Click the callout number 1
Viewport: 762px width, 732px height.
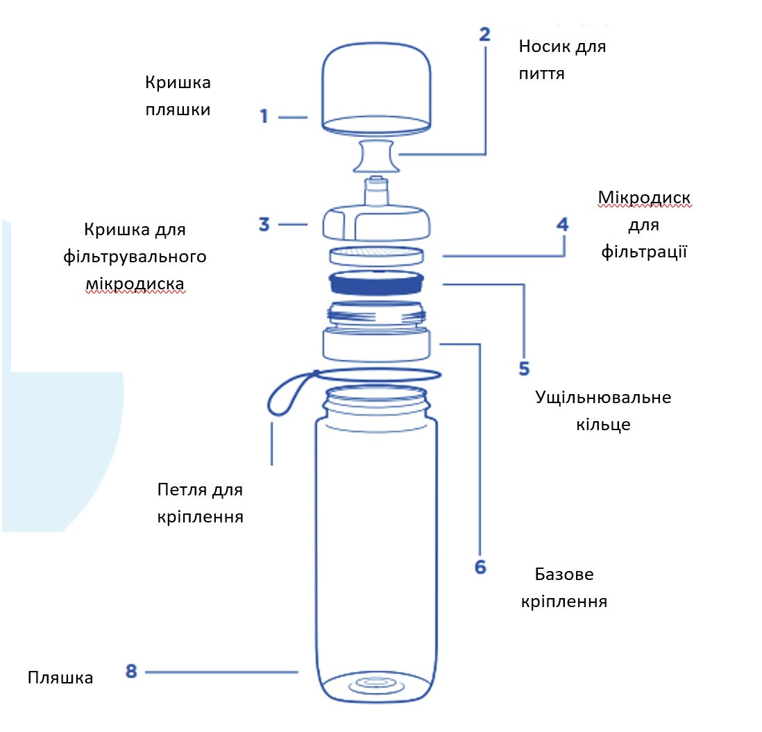point(264,116)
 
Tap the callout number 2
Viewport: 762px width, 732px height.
point(484,35)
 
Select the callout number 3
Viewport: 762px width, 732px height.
point(264,224)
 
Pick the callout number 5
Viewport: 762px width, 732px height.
point(524,367)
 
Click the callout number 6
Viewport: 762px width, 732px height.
point(480,567)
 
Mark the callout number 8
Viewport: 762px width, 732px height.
point(132,671)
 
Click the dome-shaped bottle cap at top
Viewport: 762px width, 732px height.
point(377,87)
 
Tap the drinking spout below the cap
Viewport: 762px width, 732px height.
point(375,156)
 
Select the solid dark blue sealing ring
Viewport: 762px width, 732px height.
point(376,283)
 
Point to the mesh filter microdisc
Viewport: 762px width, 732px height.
point(376,254)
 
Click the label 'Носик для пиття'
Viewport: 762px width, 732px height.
point(562,60)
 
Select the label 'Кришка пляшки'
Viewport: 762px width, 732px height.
point(178,96)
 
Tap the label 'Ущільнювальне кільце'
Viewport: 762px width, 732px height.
point(603,411)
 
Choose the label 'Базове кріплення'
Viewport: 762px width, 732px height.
point(564,588)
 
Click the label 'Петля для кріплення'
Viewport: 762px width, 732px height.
point(200,503)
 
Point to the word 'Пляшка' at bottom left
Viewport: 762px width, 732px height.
point(60,677)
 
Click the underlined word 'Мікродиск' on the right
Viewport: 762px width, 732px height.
point(644,199)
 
